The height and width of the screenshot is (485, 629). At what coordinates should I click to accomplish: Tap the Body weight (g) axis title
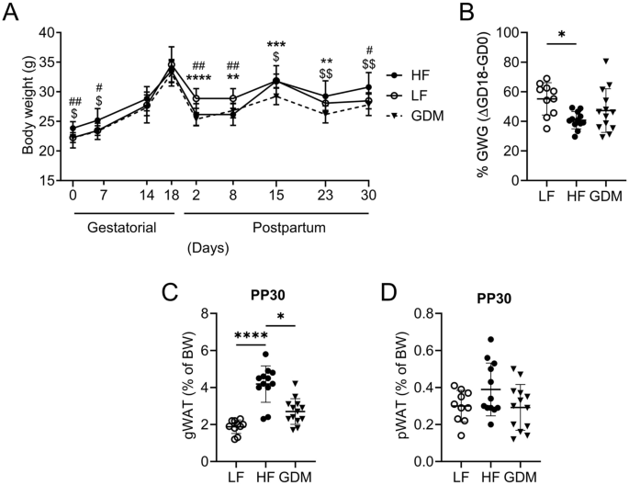[x=16, y=106]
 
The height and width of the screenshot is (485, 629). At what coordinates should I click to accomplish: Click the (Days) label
[x=208, y=249]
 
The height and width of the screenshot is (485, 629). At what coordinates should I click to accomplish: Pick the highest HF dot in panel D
[x=516, y=340]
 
